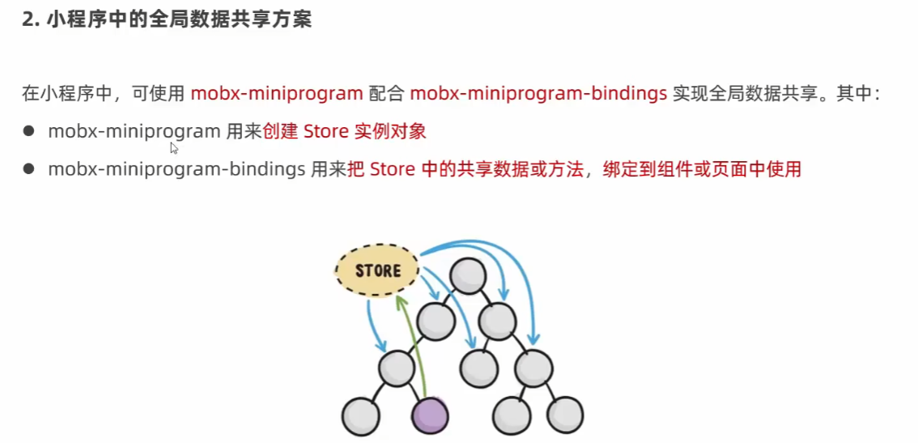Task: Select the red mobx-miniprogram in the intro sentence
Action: tap(276, 93)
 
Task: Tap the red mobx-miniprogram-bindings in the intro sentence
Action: tap(538, 93)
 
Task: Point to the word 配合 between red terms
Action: tap(386, 93)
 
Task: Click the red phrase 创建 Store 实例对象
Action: tap(345, 131)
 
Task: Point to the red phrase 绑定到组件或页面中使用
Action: tap(701, 169)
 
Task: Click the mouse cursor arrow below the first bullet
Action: tap(174, 147)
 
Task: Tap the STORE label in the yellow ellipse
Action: tap(378, 270)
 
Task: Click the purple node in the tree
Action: tap(429, 417)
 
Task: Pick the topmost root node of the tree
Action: tap(468, 276)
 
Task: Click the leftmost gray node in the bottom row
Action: tap(360, 417)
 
